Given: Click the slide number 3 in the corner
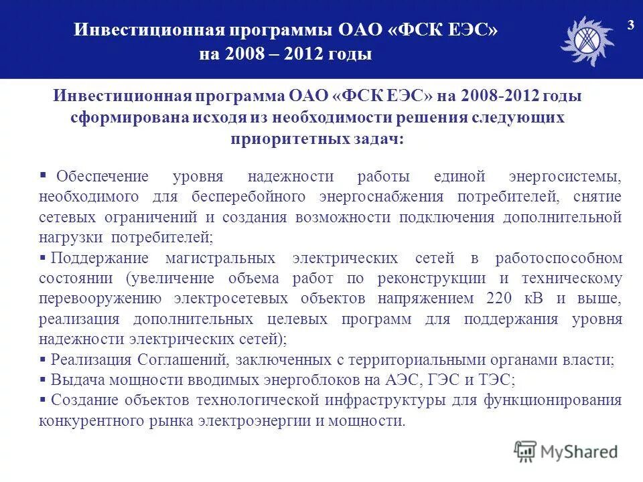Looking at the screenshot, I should [630, 25].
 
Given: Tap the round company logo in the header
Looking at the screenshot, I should [587, 40].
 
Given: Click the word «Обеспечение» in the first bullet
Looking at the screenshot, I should [102, 177].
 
